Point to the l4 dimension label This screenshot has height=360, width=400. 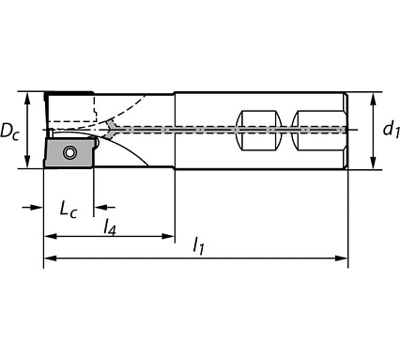tap(109, 227)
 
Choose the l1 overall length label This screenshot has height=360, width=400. tap(199, 247)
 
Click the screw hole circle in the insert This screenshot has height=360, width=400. tap(69, 152)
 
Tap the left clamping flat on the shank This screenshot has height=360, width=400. tap(260, 130)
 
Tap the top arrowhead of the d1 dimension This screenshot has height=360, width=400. tap(375, 97)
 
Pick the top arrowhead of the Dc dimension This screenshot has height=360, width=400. tap(29, 97)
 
